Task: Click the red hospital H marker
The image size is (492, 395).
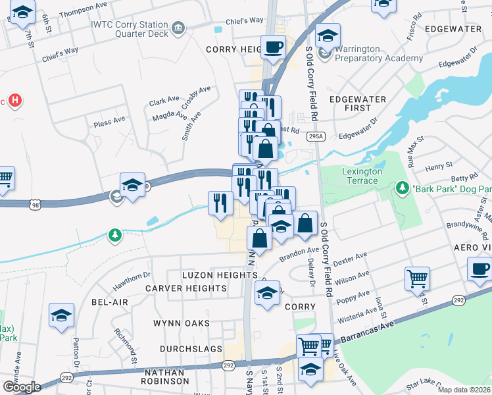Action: coord(15,101)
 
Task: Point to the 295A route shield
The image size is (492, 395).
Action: coord(316,136)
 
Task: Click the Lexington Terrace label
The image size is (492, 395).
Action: coord(362,176)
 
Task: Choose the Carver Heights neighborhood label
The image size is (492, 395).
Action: coord(186,288)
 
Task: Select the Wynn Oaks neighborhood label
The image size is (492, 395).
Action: coord(182,323)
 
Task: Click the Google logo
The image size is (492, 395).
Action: coord(22,387)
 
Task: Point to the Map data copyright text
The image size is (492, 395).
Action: coord(464,390)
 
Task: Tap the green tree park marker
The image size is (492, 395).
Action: coord(116,235)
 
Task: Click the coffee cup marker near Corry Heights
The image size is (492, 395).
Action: coord(273,47)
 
